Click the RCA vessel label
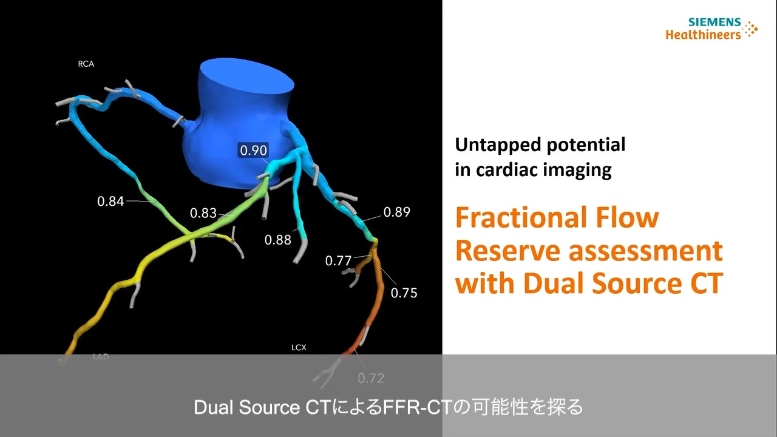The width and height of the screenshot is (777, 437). [x=86, y=64]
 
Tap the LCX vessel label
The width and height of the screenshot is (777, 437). [x=299, y=347]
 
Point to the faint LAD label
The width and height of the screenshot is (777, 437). [x=101, y=356]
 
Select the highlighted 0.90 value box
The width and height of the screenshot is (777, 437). [x=254, y=150]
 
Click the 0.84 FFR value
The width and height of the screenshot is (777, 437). [x=110, y=201]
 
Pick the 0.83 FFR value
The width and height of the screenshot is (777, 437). [x=203, y=213]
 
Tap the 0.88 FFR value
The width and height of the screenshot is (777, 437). [x=277, y=240]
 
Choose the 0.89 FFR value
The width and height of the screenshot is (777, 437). [x=397, y=212]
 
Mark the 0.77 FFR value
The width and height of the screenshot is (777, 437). [x=338, y=261]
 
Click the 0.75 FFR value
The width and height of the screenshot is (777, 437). [x=404, y=293]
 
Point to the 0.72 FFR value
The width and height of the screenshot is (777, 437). [x=371, y=378]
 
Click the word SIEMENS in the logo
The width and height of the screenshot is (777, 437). [x=714, y=22]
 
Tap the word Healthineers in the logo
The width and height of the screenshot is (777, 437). [x=703, y=35]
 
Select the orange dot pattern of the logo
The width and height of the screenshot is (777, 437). [x=751, y=29]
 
